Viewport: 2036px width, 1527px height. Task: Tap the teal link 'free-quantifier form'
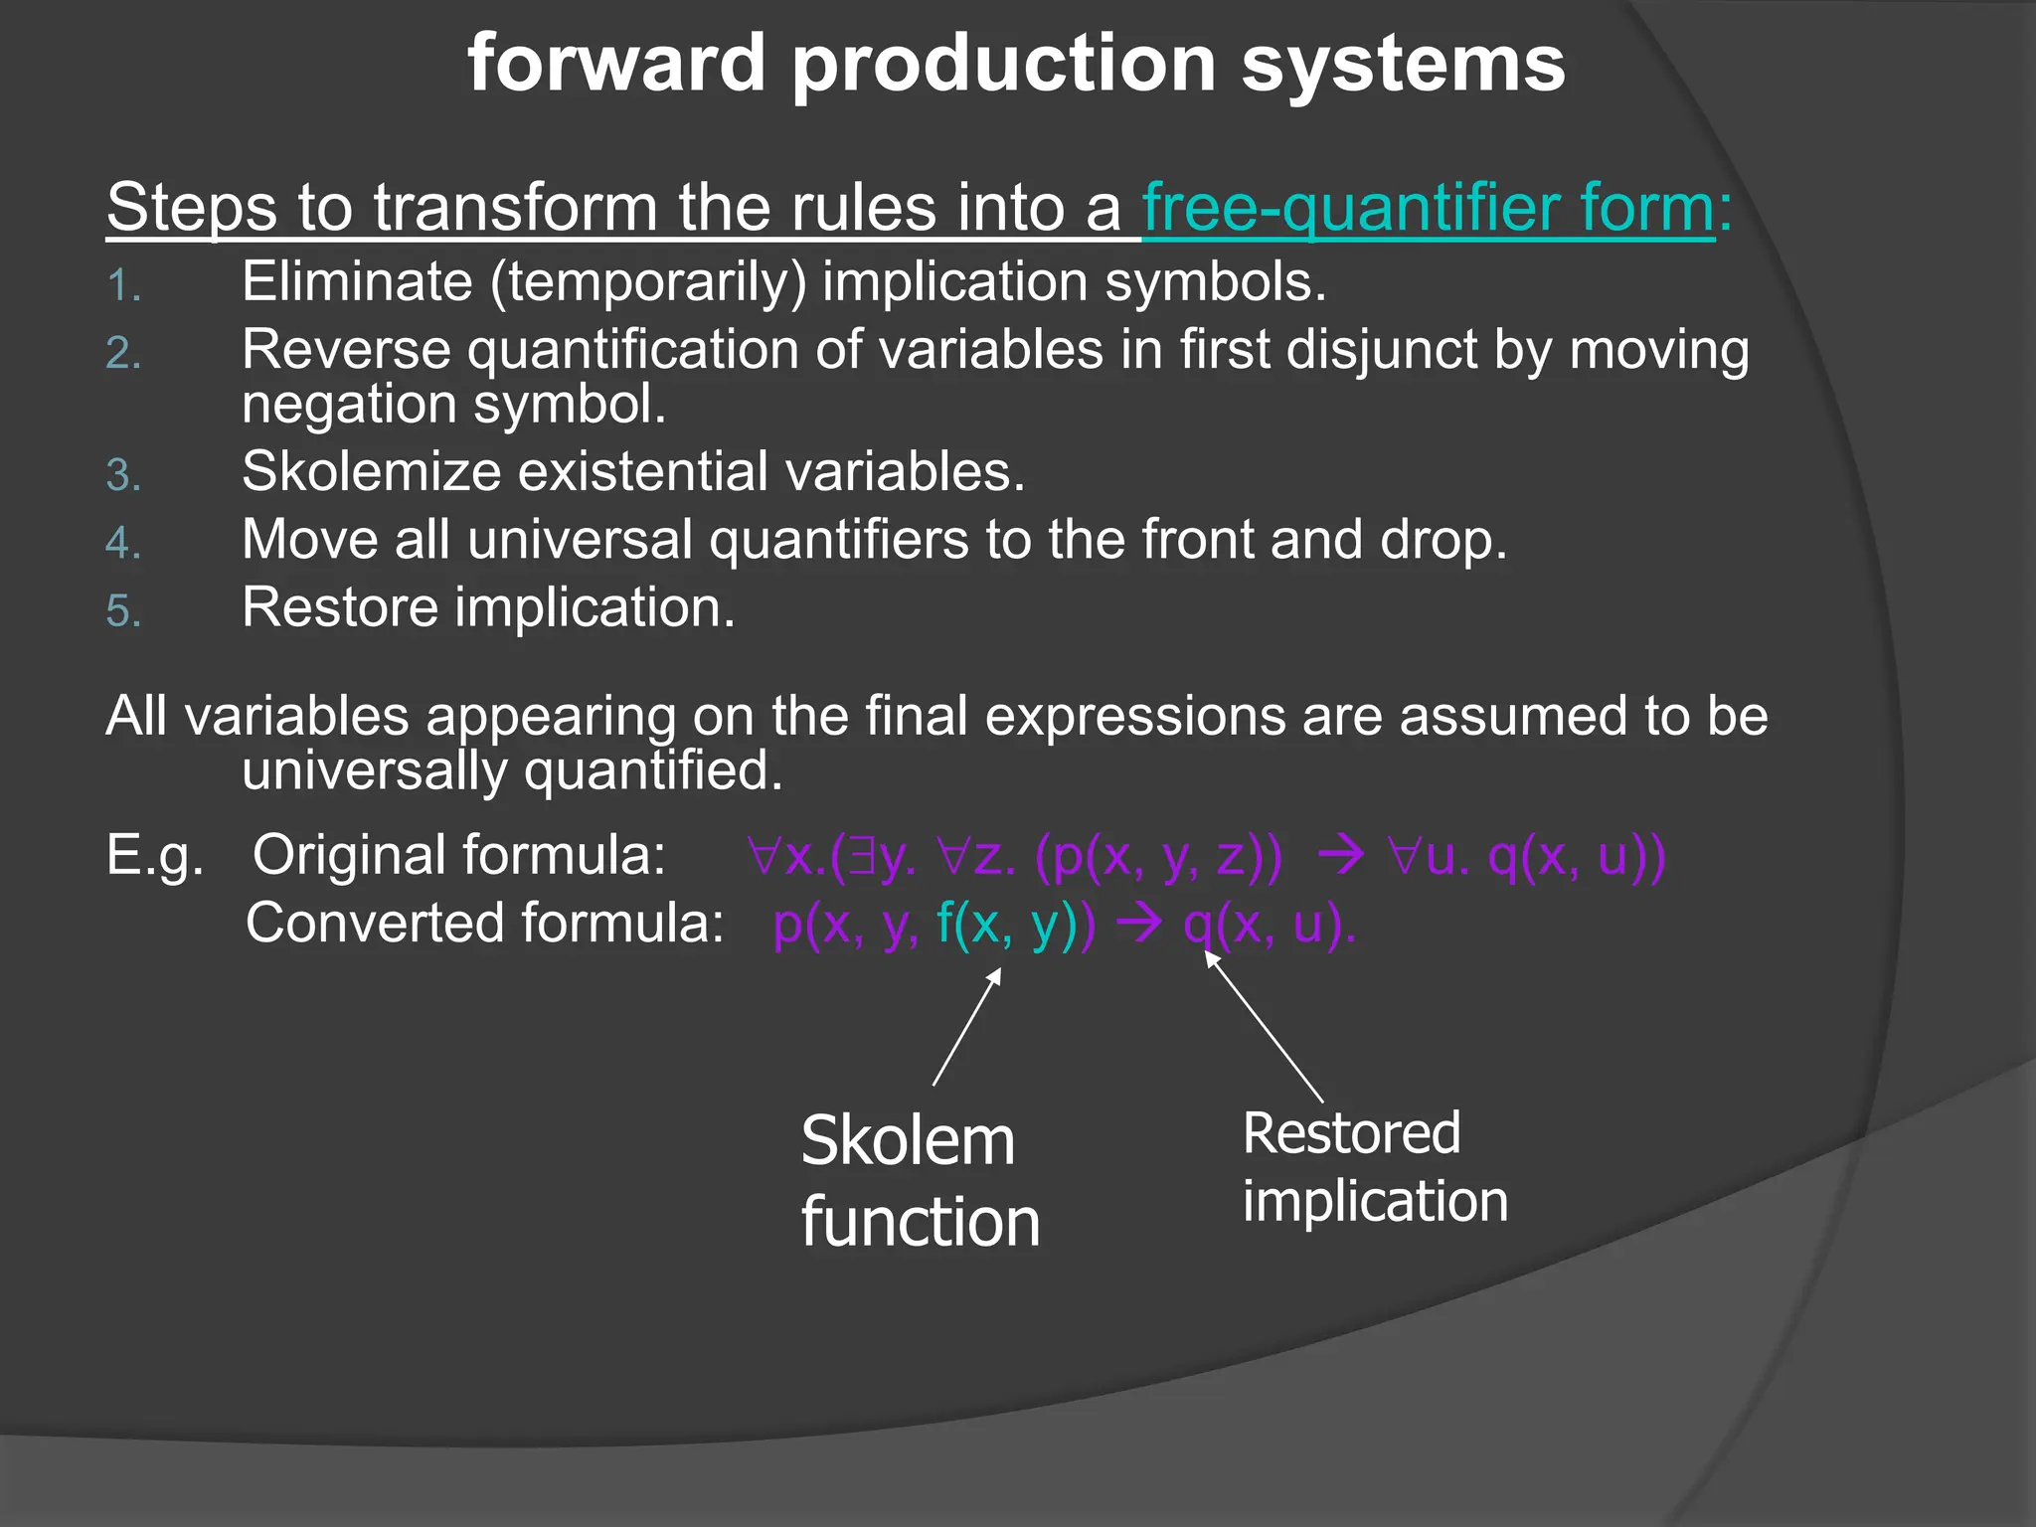[1429, 208]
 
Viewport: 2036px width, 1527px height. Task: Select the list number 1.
[123, 286]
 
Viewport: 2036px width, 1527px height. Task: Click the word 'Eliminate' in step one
[357, 282]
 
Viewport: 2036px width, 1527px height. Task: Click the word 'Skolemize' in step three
[371, 471]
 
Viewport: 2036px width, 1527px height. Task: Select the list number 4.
[123, 543]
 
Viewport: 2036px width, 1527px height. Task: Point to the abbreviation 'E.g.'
[155, 855]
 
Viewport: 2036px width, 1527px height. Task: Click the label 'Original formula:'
[458, 855]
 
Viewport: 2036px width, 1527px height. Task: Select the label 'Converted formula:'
[484, 923]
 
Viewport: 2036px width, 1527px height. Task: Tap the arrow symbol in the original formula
[1346, 855]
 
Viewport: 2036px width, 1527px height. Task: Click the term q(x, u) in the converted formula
[1268, 925]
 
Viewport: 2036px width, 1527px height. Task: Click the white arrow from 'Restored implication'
[1264, 1026]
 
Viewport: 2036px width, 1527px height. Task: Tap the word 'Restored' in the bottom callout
[1351, 1133]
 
